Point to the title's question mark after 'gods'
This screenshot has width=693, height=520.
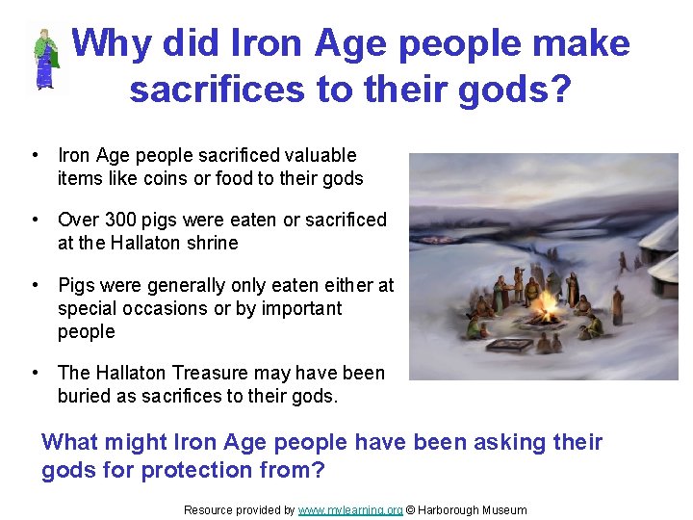click(x=557, y=90)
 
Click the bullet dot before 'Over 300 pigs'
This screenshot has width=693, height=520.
click(x=35, y=220)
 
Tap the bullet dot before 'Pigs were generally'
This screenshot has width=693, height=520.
click(x=35, y=285)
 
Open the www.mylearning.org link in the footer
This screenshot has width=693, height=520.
click(x=350, y=510)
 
